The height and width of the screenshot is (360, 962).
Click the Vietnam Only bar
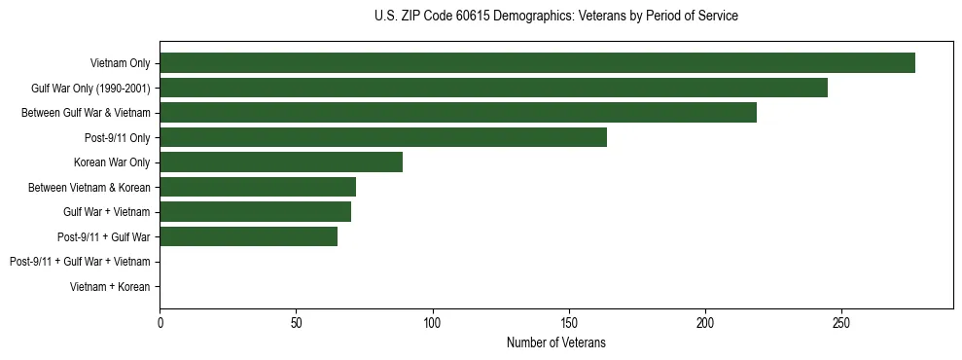[537, 63]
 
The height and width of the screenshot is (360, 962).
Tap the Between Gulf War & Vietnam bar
[458, 113]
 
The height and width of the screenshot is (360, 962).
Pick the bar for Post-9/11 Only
[383, 137]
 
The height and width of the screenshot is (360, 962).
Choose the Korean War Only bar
[281, 162]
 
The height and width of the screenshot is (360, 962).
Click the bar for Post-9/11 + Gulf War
[249, 236]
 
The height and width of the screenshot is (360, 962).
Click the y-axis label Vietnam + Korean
[110, 286]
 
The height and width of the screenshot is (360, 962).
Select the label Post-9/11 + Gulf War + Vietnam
[80, 262]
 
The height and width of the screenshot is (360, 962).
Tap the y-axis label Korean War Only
[112, 162]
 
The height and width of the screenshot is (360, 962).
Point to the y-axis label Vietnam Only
[120, 63]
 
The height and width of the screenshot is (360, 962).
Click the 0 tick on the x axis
[160, 322]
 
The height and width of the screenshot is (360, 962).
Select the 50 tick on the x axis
[297, 322]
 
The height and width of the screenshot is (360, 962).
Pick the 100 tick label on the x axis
[433, 322]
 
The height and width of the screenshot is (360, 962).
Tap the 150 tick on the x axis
[569, 322]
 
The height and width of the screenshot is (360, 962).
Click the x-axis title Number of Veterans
[556, 342]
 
